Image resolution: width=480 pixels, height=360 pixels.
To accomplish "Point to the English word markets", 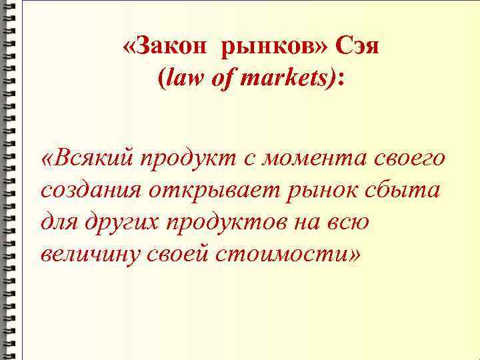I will tap(279, 79).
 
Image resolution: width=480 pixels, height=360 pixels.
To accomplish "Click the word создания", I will tap(90, 191).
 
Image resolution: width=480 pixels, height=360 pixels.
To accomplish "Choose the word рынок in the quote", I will tap(316, 191).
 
